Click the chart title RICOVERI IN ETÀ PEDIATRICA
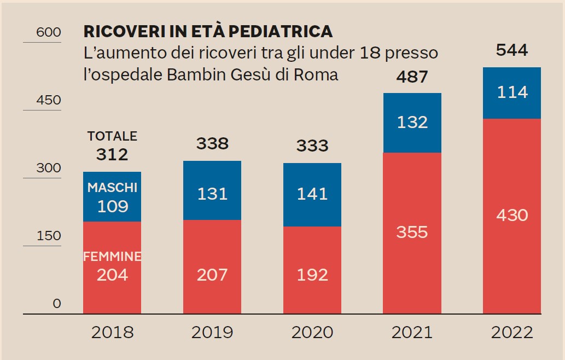207,31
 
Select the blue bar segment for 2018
112,197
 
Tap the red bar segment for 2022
511,216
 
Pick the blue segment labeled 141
312,194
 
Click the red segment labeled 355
412,233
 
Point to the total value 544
511,50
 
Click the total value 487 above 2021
412,77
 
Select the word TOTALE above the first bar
112,136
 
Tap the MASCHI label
112,188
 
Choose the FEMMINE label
112,257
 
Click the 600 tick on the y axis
48,33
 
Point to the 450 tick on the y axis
48,101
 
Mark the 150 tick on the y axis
48,236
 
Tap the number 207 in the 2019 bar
212,274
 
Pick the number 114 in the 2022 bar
511,92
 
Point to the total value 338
212,144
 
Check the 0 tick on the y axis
57,304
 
